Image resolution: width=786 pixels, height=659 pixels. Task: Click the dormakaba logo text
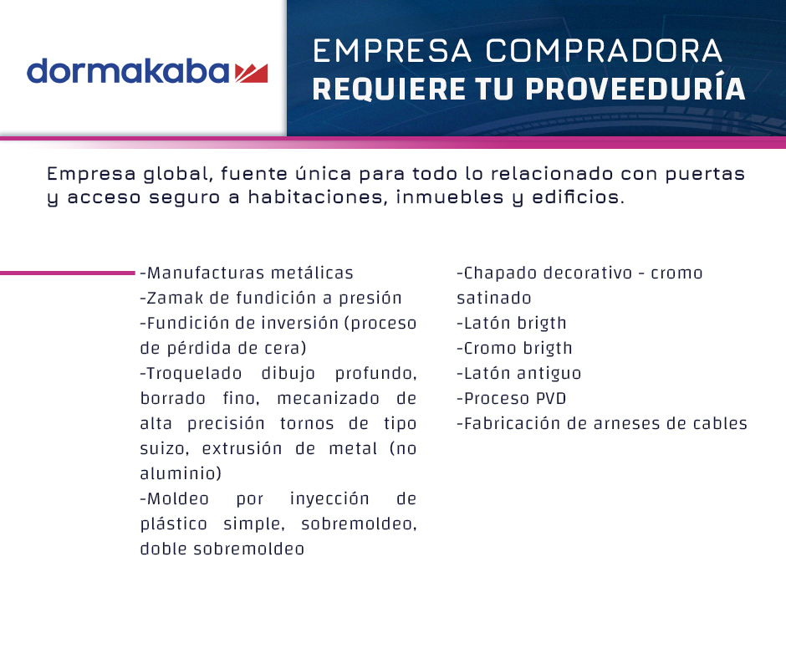tap(128, 71)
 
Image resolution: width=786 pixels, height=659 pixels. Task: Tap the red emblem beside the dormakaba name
tap(251, 74)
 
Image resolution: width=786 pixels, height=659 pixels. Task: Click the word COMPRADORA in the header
tap(604, 51)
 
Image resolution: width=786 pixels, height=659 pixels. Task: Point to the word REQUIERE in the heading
tap(389, 89)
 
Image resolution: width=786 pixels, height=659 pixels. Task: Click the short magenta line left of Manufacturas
tap(68, 273)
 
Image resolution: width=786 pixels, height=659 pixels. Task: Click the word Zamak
tap(175, 298)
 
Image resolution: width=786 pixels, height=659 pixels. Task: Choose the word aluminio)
tap(181, 473)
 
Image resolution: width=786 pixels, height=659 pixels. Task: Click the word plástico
tap(173, 524)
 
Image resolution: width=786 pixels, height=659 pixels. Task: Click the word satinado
tap(493, 298)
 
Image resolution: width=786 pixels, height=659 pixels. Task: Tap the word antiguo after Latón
tap(549, 374)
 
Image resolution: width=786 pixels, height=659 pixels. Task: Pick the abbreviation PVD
tap(551, 398)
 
